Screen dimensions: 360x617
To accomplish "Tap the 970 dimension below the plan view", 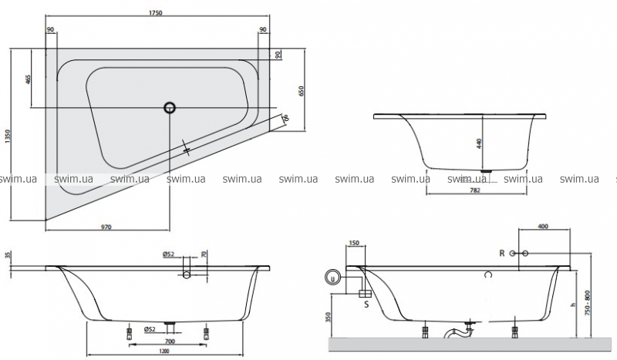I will (x=106, y=227).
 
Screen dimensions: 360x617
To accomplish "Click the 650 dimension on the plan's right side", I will (x=302, y=91).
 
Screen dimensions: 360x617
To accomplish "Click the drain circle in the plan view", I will (x=170, y=108).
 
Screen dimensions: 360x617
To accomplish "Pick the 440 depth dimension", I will (x=479, y=143).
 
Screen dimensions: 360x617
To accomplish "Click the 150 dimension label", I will (x=354, y=243).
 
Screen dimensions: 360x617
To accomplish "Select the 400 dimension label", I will (x=543, y=227).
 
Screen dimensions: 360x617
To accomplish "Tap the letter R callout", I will (x=501, y=254).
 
